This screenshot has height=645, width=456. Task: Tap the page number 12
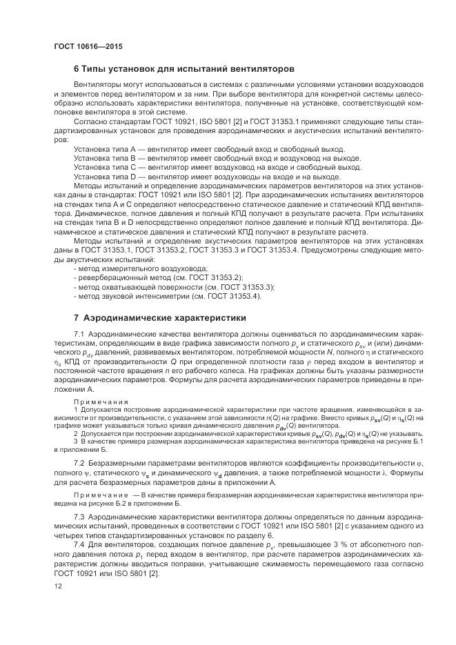(58, 586)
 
